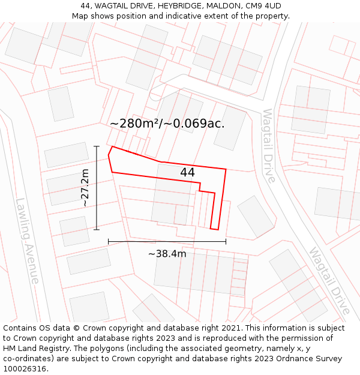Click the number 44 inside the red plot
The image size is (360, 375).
(x=187, y=173)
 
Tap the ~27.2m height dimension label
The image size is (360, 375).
(x=85, y=188)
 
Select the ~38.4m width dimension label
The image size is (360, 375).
(x=167, y=254)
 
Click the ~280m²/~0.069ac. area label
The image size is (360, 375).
(x=167, y=124)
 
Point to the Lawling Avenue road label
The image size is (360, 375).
(x=28, y=241)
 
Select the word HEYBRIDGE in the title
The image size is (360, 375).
(x=178, y=6)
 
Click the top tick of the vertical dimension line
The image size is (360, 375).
(x=97, y=146)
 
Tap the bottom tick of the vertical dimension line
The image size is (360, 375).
(x=97, y=230)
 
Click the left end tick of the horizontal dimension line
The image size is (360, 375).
(x=109, y=241)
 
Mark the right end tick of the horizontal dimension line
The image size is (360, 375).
(x=226, y=241)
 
